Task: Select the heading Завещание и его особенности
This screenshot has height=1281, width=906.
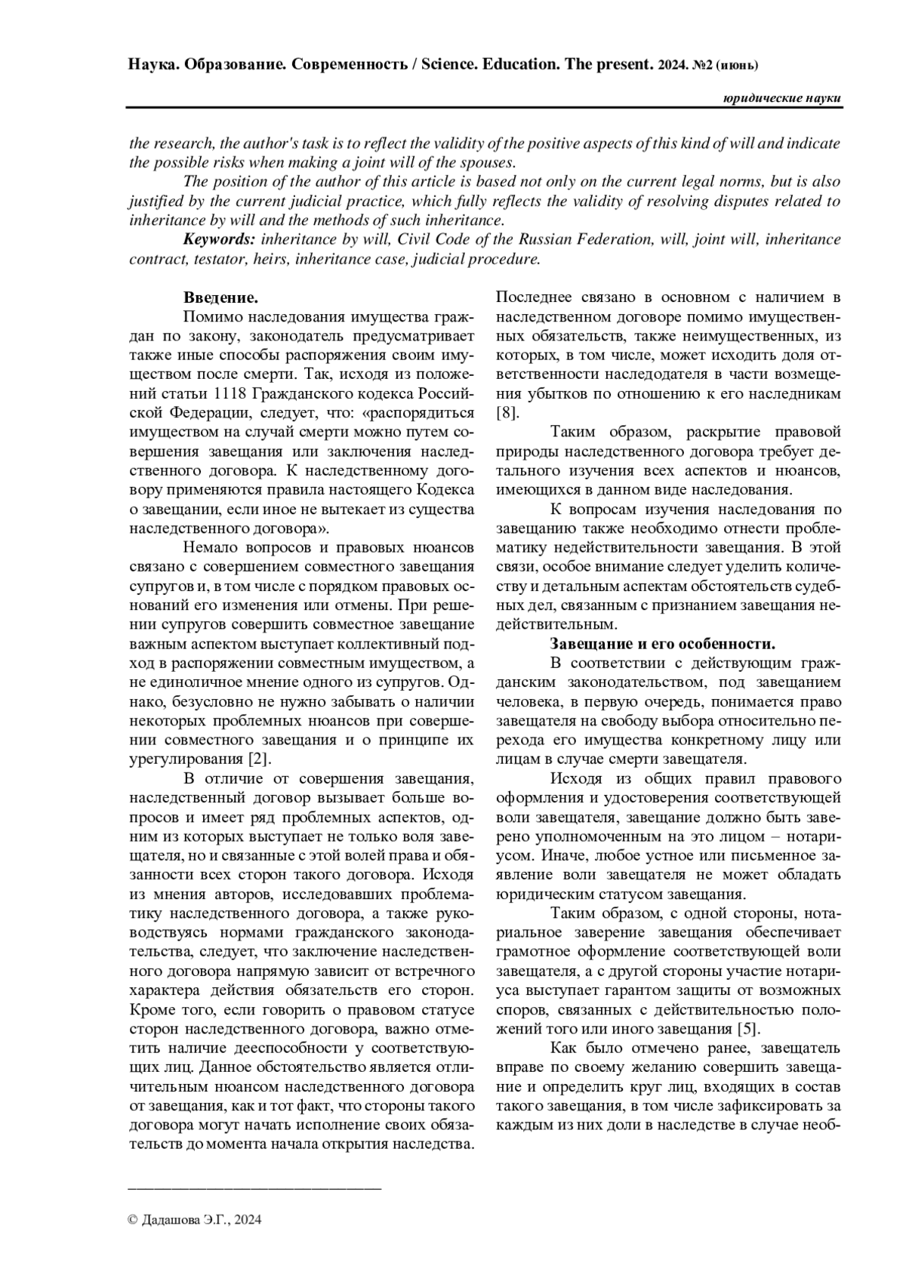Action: (x=663, y=644)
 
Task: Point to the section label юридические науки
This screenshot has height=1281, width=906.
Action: (x=781, y=100)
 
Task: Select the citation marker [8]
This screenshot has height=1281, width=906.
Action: (x=507, y=413)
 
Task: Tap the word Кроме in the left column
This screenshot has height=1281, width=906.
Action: (x=152, y=1010)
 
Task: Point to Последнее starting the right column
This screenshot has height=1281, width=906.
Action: (x=535, y=297)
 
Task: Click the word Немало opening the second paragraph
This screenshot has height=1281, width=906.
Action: (x=209, y=547)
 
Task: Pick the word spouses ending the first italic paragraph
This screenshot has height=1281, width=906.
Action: (x=490, y=162)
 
